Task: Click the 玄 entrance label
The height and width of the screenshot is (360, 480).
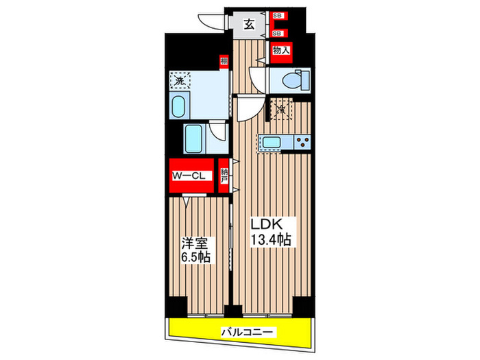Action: click(x=250, y=25)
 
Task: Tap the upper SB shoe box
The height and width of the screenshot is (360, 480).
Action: click(x=278, y=15)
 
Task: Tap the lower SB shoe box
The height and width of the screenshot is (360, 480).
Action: click(x=278, y=32)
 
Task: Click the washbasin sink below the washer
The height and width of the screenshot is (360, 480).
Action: click(x=178, y=108)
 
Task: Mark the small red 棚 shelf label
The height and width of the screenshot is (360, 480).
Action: click(x=224, y=62)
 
